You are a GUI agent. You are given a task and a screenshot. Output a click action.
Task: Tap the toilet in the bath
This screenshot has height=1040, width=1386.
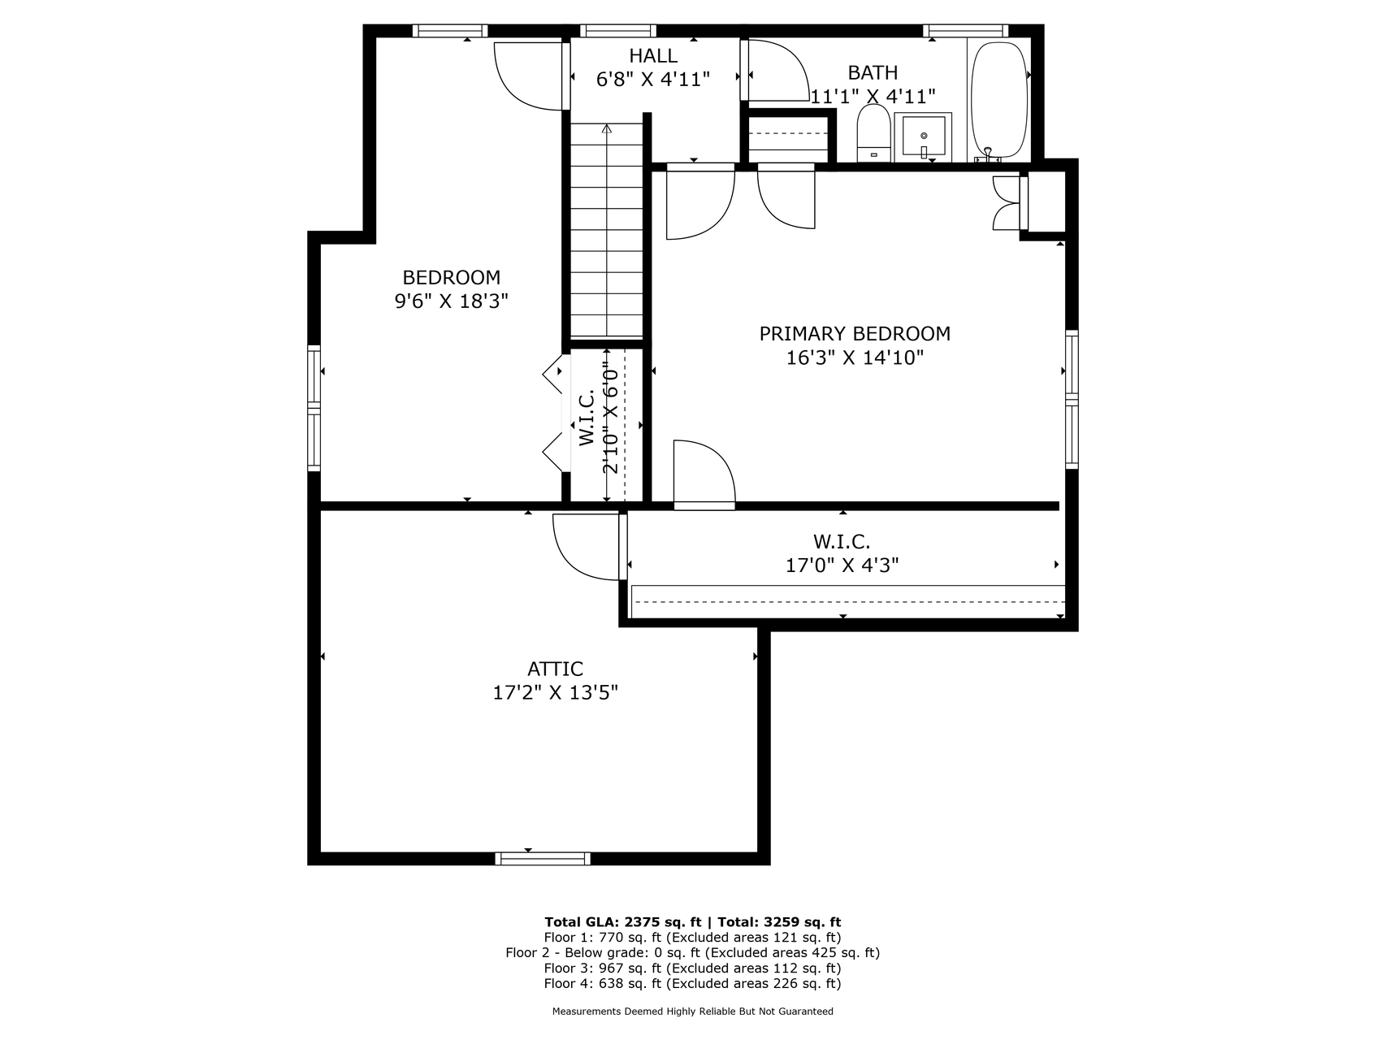point(873,133)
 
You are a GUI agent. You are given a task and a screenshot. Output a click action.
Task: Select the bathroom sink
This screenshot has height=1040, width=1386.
point(923,137)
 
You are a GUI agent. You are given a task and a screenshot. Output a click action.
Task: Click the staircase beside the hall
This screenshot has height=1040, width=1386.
point(607,230)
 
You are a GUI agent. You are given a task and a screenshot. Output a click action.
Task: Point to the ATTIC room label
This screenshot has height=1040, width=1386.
point(556,669)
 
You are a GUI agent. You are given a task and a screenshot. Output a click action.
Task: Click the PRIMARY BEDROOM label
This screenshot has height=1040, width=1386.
point(855,333)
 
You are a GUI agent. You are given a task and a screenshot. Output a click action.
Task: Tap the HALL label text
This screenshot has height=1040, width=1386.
point(653,56)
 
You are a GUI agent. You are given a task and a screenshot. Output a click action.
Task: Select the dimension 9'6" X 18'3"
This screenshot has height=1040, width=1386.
point(452,301)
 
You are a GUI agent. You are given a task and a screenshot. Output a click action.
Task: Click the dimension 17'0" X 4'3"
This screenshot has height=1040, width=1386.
point(842,565)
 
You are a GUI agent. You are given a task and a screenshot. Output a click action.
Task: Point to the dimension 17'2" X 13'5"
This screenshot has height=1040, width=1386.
point(556,693)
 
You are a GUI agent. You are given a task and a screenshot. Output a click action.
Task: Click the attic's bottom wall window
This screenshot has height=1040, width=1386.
point(543,859)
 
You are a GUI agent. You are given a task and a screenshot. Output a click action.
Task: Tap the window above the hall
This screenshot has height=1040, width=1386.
point(618,31)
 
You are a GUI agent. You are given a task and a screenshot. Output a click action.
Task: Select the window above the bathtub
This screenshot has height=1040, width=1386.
point(967,31)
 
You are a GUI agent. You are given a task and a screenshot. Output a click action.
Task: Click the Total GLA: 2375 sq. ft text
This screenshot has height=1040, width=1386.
point(623,922)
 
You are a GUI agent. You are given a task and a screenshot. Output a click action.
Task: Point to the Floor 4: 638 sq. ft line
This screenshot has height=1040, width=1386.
point(692,984)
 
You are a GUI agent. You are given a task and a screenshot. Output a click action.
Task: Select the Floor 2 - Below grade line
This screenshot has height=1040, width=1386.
point(692,953)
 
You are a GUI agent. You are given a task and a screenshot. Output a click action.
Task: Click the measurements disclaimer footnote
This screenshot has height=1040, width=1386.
point(692,1012)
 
